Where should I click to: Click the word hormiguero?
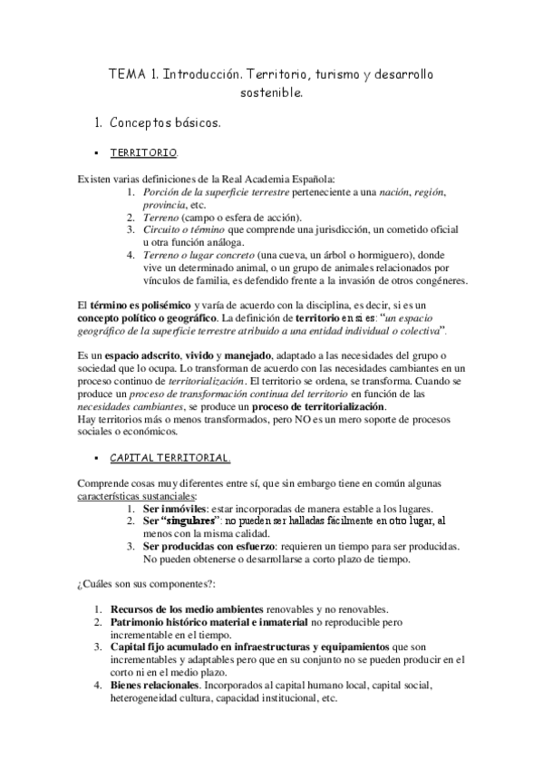tap(362, 256)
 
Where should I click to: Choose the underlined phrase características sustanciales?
tap(135, 496)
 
